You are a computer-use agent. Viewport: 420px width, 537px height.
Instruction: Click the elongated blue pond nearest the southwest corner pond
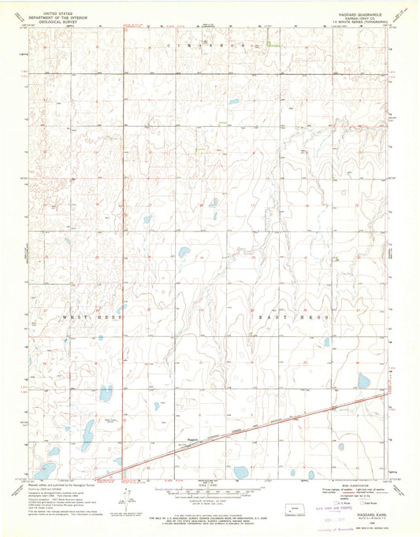coord(53,453)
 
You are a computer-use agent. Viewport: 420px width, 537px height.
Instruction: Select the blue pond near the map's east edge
coord(364,381)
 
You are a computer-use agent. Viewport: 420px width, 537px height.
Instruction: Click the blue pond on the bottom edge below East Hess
coord(240,472)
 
